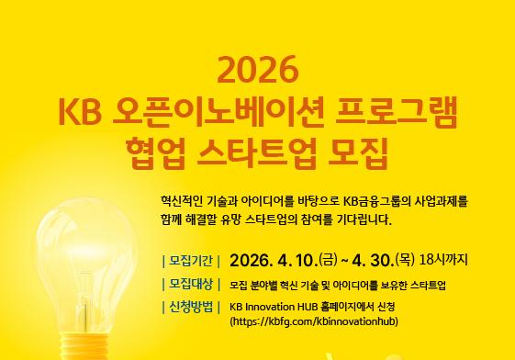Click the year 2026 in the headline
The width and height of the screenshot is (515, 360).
256,71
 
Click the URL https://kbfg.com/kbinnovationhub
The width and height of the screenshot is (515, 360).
314,322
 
